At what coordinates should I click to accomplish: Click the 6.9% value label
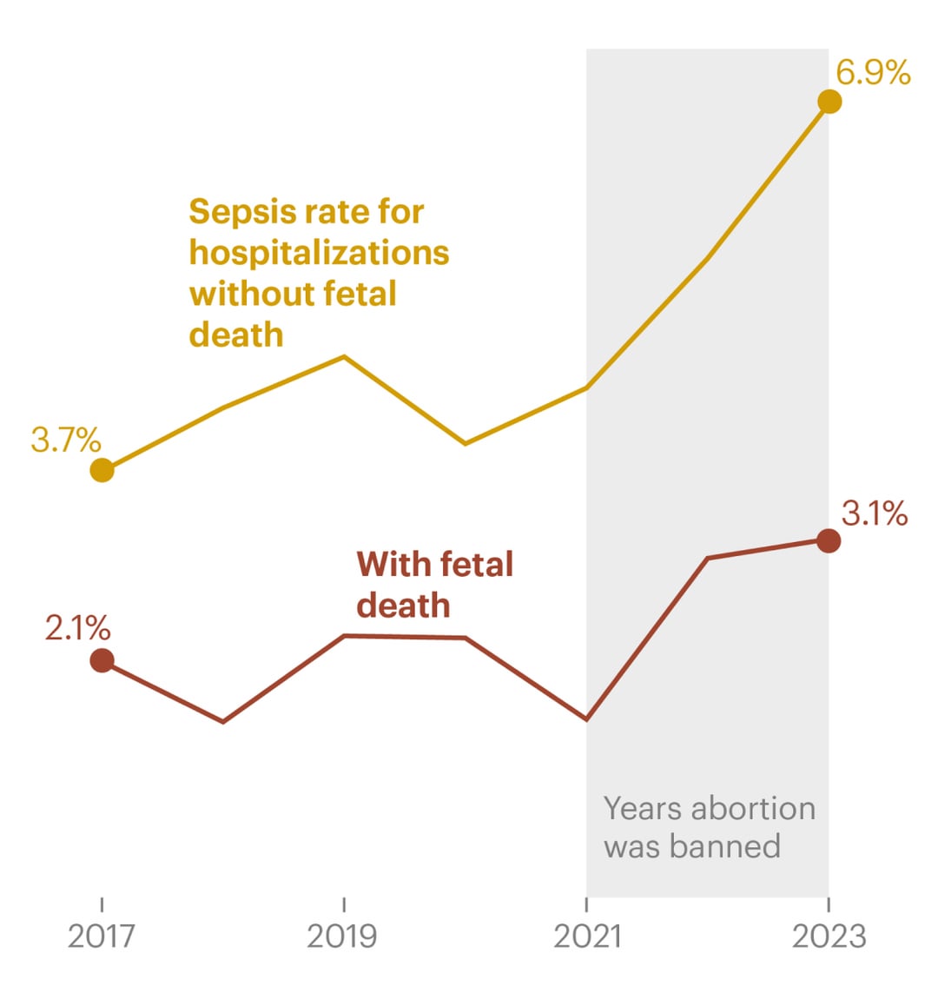873,73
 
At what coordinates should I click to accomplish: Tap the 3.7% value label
66,440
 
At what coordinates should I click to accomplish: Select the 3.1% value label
875,513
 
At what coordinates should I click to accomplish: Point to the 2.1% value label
78,627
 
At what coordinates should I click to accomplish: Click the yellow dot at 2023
829,102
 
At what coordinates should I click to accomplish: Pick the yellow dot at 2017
102,470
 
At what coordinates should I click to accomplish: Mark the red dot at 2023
829,541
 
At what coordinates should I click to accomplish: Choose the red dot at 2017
102,660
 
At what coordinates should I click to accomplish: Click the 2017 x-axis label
102,936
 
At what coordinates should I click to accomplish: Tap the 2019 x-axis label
343,936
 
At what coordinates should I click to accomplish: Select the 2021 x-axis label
587,936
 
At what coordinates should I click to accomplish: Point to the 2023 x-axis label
829,936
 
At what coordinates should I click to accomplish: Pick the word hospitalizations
319,253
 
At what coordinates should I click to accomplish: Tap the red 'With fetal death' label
434,585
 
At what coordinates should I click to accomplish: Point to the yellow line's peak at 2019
345,356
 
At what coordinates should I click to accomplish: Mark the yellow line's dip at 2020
466,443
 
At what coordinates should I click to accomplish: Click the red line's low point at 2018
223,721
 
